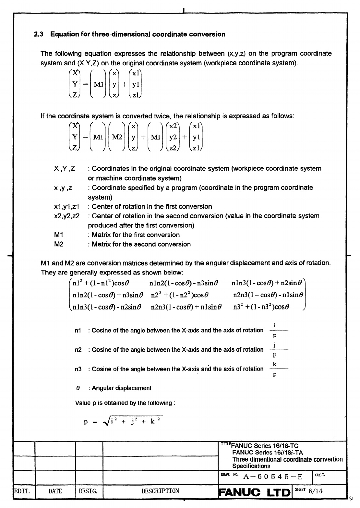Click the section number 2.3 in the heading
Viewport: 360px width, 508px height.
[x=39, y=34]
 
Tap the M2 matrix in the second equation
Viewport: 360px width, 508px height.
[x=117, y=137]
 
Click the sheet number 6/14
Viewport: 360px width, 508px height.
[x=316, y=491]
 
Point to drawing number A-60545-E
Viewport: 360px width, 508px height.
[x=273, y=477]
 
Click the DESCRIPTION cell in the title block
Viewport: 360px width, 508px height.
[x=160, y=491]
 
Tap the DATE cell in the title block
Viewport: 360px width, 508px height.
[x=55, y=491]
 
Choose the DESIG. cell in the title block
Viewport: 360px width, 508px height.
[x=88, y=491]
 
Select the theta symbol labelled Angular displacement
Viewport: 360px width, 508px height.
[x=78, y=388]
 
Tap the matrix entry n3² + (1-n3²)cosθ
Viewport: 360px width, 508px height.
[x=261, y=307]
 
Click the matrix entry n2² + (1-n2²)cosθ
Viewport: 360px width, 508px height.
[x=179, y=295]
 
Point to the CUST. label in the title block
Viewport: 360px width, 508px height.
[x=320, y=475]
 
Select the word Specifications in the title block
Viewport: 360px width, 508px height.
[x=251, y=466]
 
